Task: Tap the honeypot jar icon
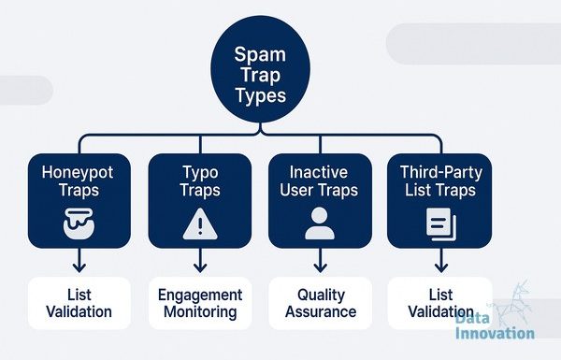click(x=79, y=223)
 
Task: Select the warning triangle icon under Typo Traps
click(x=200, y=224)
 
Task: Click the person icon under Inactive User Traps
click(x=320, y=223)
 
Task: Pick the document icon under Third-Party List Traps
click(x=440, y=224)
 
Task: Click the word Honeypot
click(x=78, y=173)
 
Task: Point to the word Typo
click(x=200, y=173)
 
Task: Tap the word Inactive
click(x=319, y=172)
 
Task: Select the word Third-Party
click(x=441, y=173)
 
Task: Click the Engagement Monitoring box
click(x=200, y=303)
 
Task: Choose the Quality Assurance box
click(x=320, y=303)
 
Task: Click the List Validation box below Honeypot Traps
click(x=79, y=303)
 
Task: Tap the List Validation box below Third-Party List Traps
click(x=440, y=303)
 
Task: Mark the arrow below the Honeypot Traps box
click(x=79, y=260)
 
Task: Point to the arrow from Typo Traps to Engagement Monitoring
click(x=200, y=260)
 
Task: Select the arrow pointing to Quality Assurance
click(x=320, y=260)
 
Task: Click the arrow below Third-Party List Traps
click(x=441, y=260)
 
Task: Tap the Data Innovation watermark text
click(x=495, y=325)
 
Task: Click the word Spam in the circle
click(x=260, y=55)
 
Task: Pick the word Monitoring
click(x=200, y=311)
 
